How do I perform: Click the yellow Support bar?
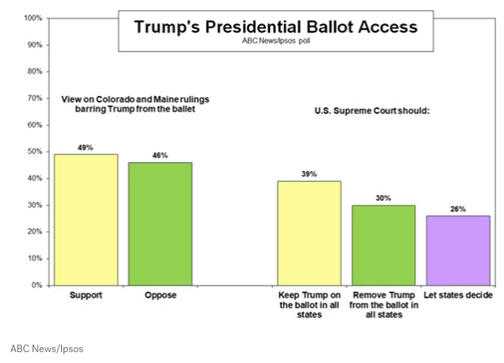click(84, 219)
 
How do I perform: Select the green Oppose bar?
click(160, 224)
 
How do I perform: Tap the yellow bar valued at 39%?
click(309, 233)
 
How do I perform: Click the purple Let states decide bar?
click(458, 250)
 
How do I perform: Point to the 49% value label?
click(85, 148)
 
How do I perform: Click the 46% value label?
click(160, 155)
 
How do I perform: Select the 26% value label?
click(458, 209)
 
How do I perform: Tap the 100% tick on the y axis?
click(33, 18)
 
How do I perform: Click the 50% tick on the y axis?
click(35, 152)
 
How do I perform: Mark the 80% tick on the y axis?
click(35, 72)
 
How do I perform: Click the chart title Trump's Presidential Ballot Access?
click(275, 27)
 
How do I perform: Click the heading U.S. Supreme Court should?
click(370, 111)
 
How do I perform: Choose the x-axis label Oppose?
click(160, 295)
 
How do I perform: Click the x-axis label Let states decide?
click(458, 295)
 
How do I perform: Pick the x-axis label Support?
click(85, 295)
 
